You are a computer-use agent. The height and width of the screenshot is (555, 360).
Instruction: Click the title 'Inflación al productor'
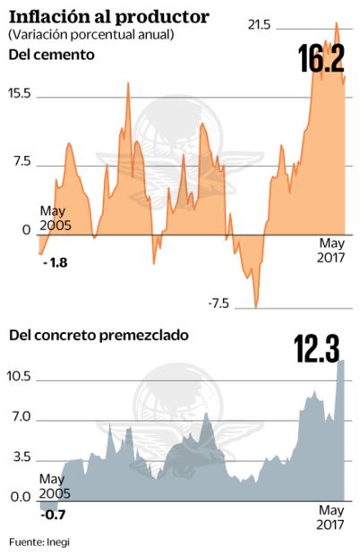[109, 16]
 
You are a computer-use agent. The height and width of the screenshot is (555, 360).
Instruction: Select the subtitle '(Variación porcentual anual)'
[90, 34]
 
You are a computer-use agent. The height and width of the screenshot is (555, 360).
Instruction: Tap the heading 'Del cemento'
[51, 55]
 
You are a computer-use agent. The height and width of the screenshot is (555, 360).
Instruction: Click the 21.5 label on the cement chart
[260, 25]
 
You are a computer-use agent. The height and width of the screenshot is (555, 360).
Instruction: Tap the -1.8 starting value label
[55, 263]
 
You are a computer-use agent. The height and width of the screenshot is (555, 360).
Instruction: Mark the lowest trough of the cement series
[256, 307]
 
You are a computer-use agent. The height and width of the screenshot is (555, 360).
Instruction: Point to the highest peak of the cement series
[336, 24]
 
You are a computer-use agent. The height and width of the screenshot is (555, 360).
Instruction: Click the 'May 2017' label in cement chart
[331, 250]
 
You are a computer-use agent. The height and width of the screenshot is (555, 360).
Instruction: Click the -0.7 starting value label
[55, 515]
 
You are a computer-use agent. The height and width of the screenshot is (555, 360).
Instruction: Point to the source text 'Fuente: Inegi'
[39, 542]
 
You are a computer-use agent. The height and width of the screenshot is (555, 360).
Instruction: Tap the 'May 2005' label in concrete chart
[55, 487]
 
